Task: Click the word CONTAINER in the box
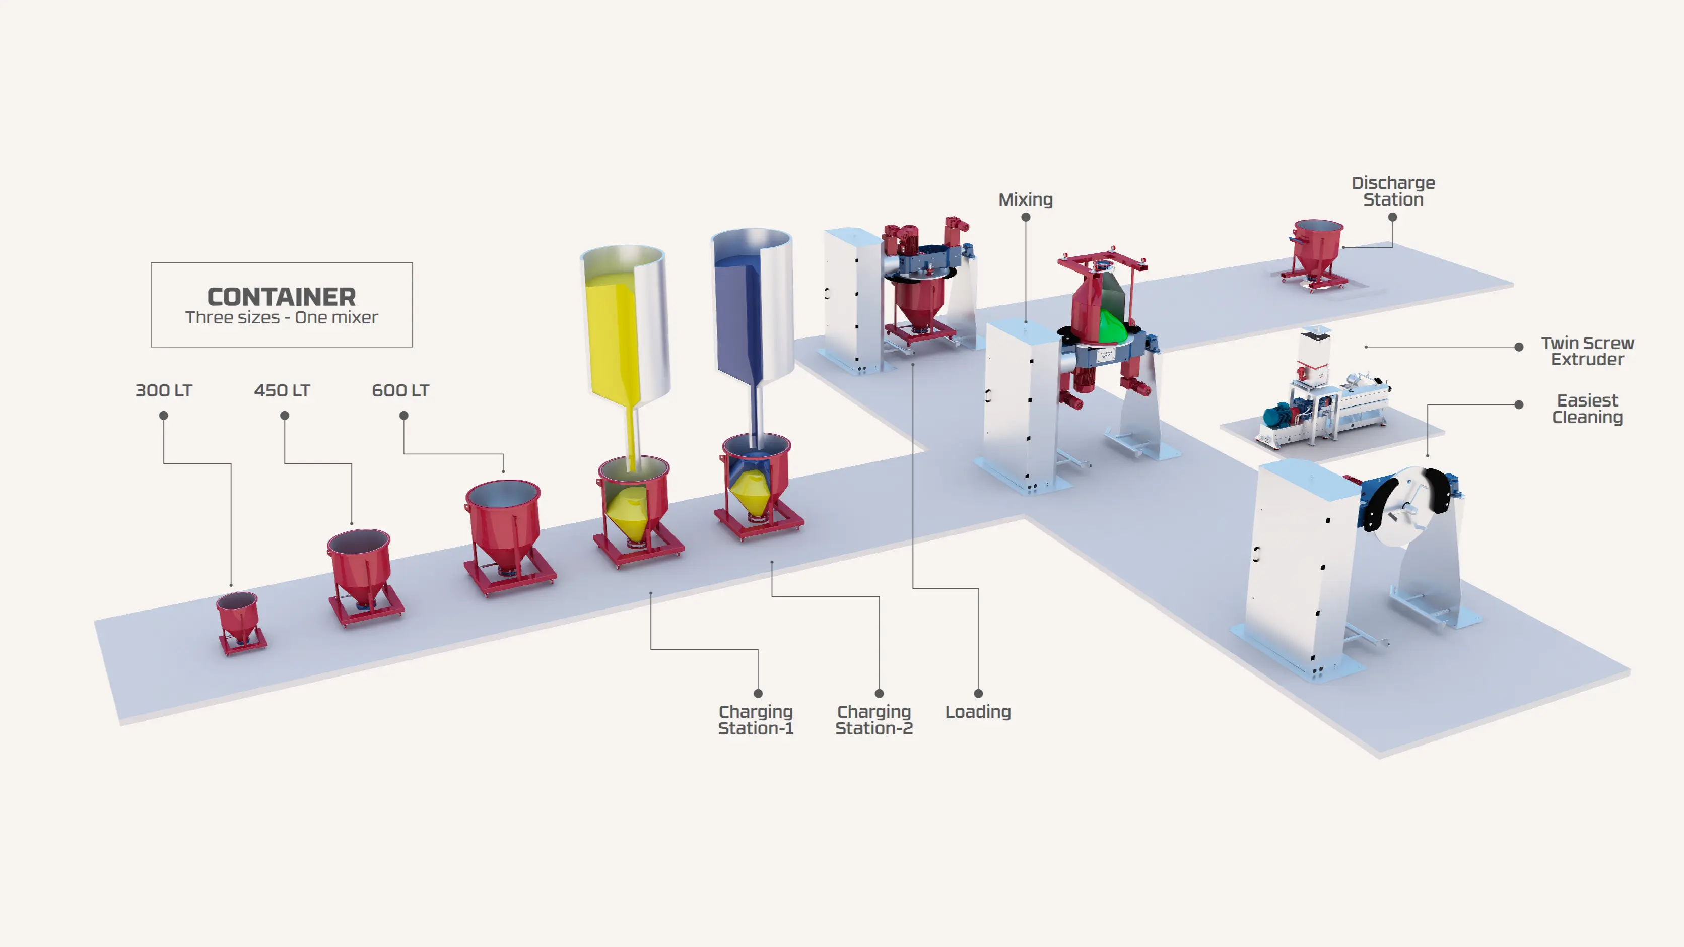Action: pos(281,297)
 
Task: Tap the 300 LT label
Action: pos(163,390)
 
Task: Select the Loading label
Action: pos(978,712)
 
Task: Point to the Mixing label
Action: pos(1025,199)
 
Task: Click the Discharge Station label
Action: pos(1393,191)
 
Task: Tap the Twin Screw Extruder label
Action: pos(1587,351)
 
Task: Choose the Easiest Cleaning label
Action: pos(1587,409)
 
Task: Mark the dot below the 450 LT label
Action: pos(285,416)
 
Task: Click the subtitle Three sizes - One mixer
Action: pos(281,318)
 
